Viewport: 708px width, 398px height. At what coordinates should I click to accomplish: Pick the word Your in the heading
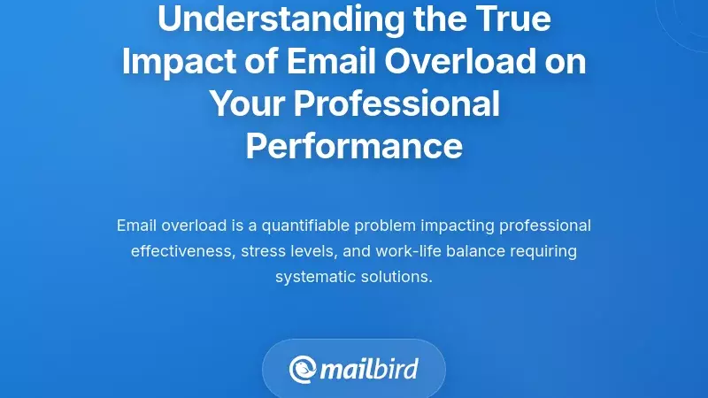[x=246, y=103]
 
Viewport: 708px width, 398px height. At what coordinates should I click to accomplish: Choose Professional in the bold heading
[x=396, y=103]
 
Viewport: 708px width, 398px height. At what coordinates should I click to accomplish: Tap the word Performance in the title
[x=354, y=145]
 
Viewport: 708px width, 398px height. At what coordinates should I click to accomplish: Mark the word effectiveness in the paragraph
[x=181, y=251]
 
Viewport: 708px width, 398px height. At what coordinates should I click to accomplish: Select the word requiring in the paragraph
[x=543, y=251]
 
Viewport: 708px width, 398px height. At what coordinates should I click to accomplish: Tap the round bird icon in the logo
[x=303, y=369]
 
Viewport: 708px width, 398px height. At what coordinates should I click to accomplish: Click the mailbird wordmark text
[x=368, y=369]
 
